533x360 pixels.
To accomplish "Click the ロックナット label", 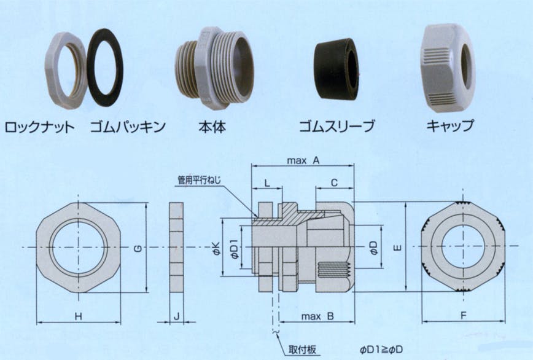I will tap(39, 128).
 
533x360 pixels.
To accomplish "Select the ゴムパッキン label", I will tap(128, 128).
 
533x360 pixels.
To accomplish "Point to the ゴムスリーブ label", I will tap(337, 128).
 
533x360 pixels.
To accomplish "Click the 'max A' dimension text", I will tap(303, 160).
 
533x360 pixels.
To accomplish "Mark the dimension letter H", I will tap(79, 316).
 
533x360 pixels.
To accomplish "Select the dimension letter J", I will tap(176, 316).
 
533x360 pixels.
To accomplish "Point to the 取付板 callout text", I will tap(302, 350).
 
